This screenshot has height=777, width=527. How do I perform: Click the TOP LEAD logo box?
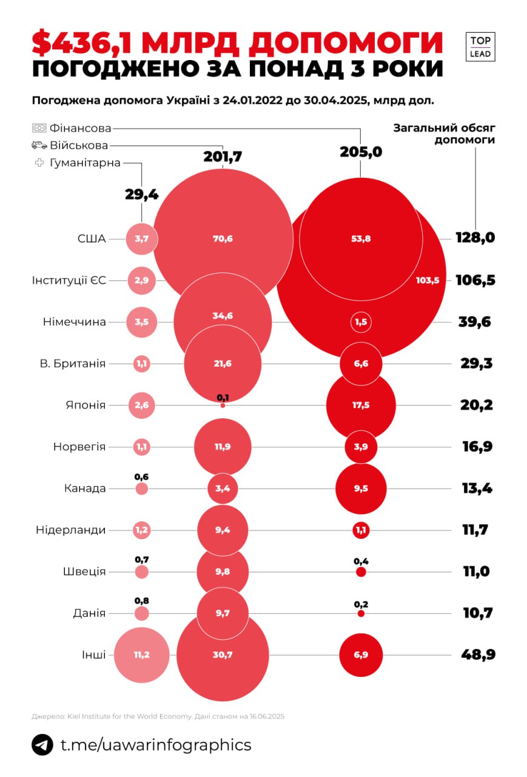480,47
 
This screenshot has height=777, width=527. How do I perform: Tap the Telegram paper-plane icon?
42,744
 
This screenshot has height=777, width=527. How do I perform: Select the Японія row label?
85,405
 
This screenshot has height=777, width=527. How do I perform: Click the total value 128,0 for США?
475,237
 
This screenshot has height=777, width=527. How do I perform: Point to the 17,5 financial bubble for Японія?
361,405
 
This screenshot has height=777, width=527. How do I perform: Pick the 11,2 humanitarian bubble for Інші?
141,655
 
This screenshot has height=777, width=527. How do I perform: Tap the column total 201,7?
223,157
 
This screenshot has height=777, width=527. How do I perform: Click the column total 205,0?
361,152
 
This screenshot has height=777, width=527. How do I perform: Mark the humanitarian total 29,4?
141,194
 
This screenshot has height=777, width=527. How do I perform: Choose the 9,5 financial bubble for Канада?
361,488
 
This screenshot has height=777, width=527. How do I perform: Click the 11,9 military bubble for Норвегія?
223,447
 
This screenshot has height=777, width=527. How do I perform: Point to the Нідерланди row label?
70,530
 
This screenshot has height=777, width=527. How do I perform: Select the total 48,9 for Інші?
475,655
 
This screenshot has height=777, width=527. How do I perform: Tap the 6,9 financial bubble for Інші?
361,655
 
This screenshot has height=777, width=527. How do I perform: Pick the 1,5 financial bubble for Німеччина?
361,322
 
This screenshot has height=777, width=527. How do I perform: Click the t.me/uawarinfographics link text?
156,744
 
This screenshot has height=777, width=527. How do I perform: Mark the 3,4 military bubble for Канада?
223,488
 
